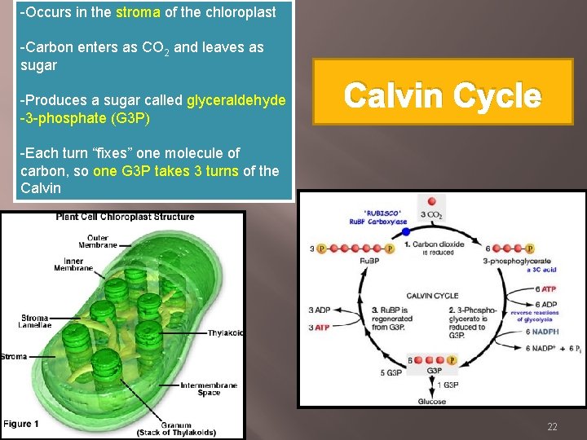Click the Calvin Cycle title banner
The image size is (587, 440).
(x=442, y=96)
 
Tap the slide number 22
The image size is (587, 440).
(x=552, y=427)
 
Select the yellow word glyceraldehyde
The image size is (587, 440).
(x=236, y=100)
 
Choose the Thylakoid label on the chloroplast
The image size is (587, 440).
(x=225, y=332)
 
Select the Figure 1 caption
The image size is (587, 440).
(x=21, y=424)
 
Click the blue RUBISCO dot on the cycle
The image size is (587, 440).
(x=405, y=232)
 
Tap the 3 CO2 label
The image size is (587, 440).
(x=431, y=215)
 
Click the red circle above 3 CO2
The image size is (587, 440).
(x=431, y=201)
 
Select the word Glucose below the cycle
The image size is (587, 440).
(x=431, y=401)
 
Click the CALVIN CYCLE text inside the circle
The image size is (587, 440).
(x=432, y=295)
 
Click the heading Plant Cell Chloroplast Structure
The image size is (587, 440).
(x=125, y=217)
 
